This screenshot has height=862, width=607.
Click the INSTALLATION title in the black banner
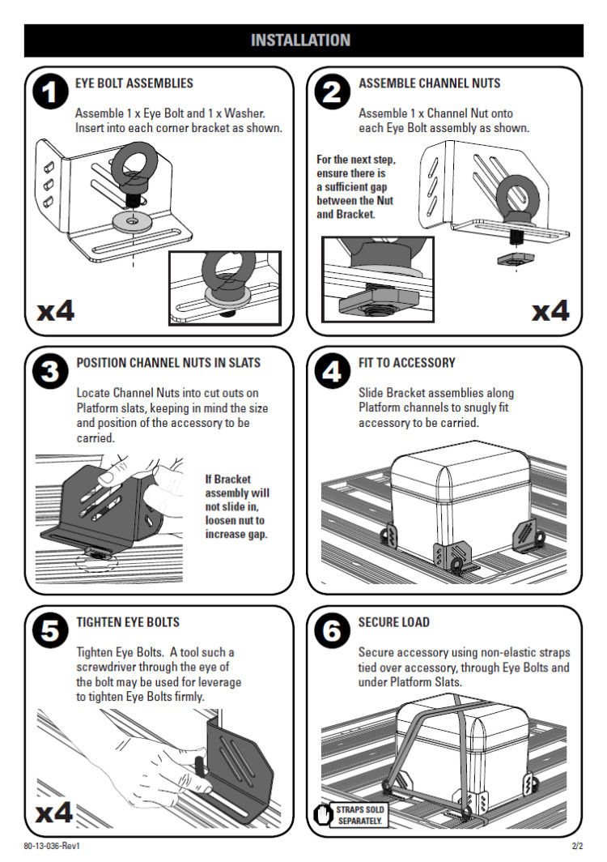300,41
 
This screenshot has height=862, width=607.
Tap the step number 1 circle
50,92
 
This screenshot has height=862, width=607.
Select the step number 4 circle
332,371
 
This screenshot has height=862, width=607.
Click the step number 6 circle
332,630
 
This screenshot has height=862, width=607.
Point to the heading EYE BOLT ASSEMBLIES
134,83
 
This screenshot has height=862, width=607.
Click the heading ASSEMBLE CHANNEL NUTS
430,83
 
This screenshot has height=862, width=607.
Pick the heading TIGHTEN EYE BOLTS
128,622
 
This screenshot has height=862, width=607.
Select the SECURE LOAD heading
394,622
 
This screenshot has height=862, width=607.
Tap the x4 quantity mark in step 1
56,310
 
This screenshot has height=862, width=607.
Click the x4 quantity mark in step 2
551,311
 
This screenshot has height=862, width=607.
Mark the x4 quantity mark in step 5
54,812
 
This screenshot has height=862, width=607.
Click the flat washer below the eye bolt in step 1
132,221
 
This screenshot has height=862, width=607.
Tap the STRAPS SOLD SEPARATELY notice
359,815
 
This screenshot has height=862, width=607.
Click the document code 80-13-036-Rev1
52,846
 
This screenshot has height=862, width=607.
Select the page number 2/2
577,846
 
